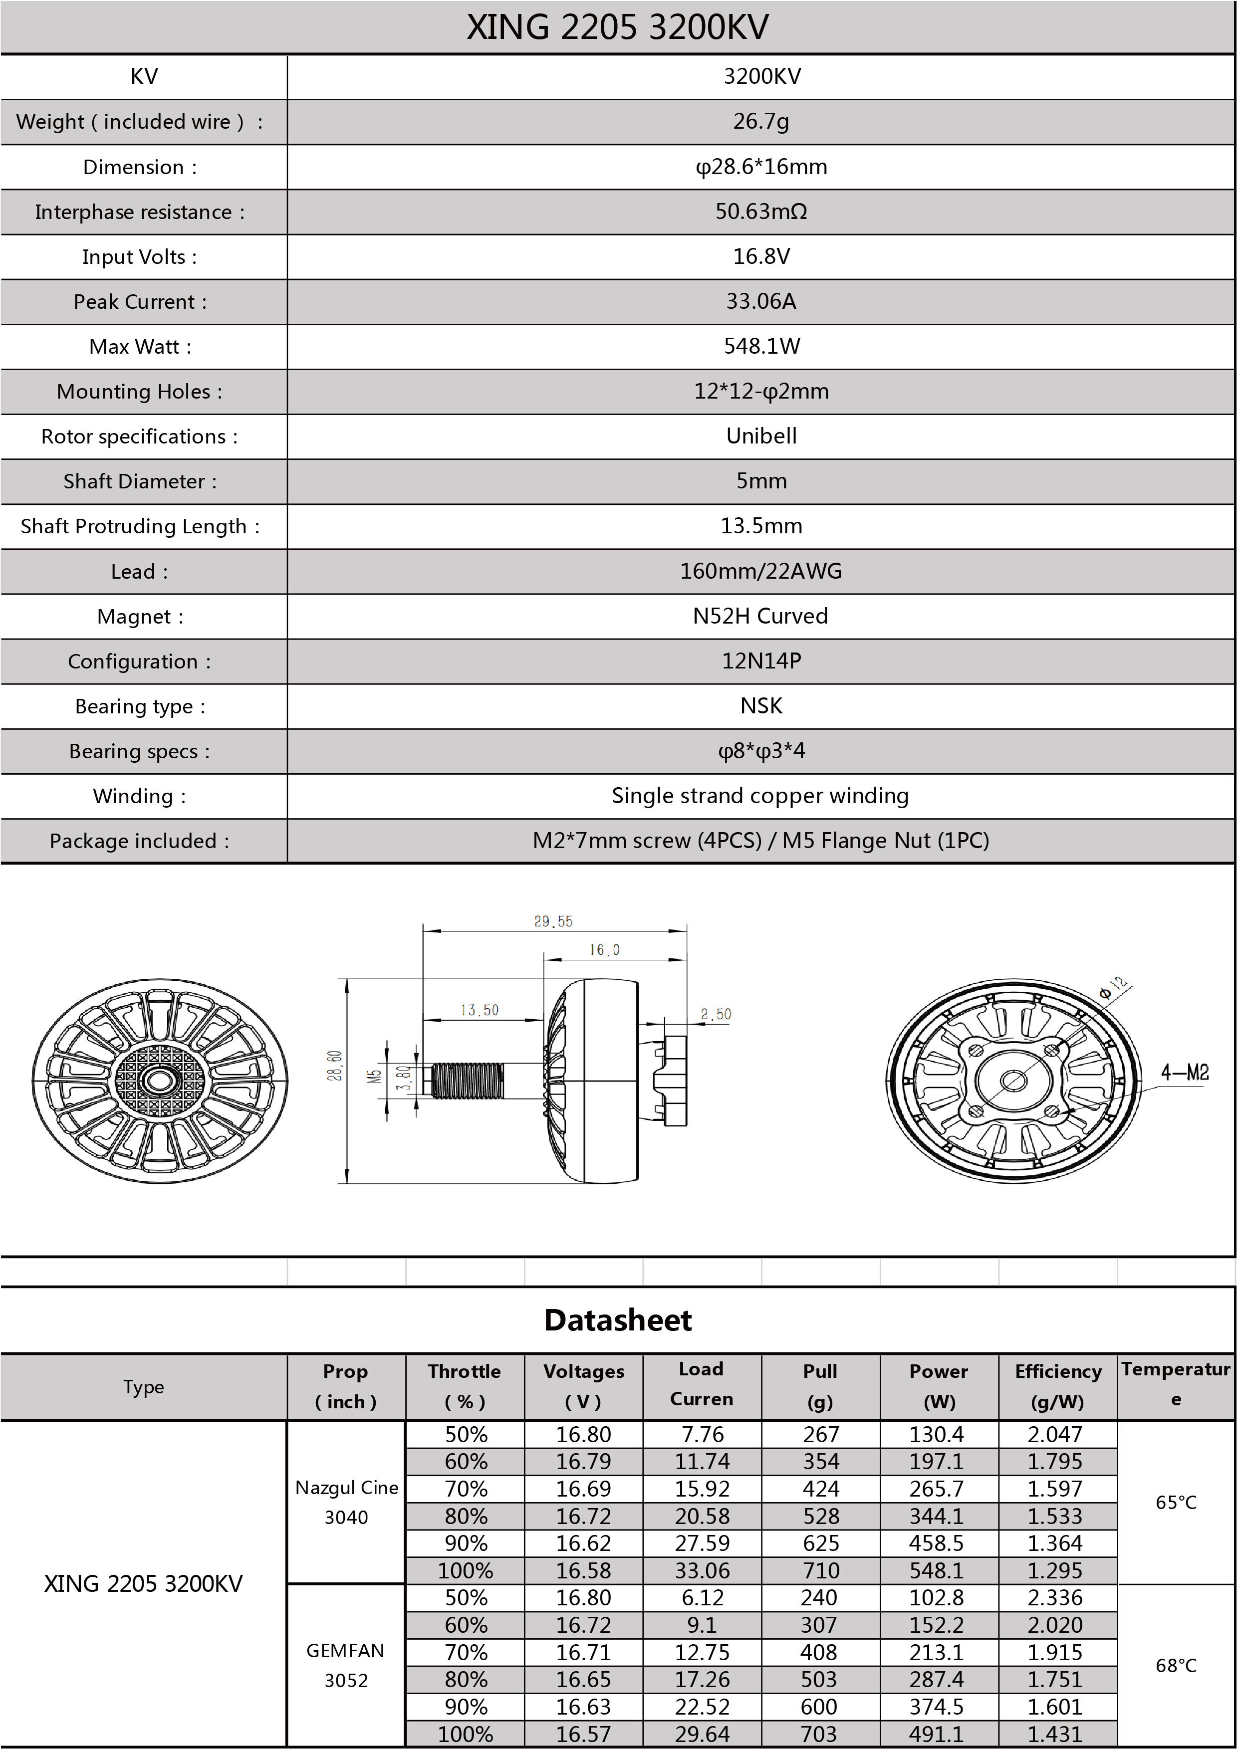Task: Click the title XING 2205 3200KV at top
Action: pyautogui.click(x=617, y=27)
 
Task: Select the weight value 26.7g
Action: pyautogui.click(x=761, y=121)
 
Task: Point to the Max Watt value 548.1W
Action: pyautogui.click(x=761, y=346)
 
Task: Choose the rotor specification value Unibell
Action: pyautogui.click(x=761, y=436)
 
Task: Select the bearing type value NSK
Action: pyautogui.click(x=761, y=706)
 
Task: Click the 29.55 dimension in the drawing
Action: pyautogui.click(x=553, y=921)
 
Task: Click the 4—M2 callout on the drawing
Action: pyautogui.click(x=1185, y=1073)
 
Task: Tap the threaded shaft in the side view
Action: pyautogui.click(x=467, y=1082)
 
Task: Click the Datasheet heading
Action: pyautogui.click(x=617, y=1320)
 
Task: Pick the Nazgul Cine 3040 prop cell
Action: pyautogui.click(x=346, y=1502)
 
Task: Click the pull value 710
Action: pyautogui.click(x=820, y=1571)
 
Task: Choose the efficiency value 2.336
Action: pyautogui.click(x=1055, y=1597)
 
